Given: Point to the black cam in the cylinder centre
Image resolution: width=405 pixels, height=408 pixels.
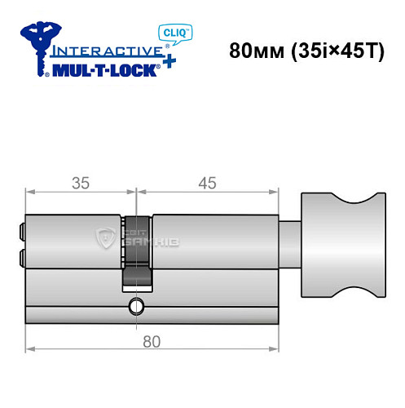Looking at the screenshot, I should [x=137, y=253].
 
